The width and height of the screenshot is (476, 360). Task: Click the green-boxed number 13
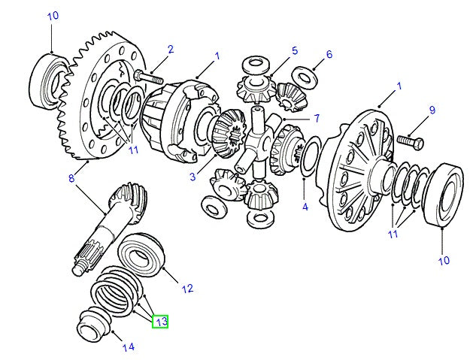159,322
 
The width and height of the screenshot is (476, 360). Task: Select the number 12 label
187,288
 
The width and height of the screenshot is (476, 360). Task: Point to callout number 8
72,177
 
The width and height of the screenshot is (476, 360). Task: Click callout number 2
171,50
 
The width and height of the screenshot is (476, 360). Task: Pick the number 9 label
432,110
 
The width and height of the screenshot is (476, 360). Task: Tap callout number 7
317,118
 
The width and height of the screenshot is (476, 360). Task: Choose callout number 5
294,51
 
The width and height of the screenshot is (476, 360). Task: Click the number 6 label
329,54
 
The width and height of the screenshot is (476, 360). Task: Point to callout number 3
193,177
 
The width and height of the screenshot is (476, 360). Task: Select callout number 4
305,206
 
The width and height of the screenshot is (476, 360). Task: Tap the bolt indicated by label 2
150,77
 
